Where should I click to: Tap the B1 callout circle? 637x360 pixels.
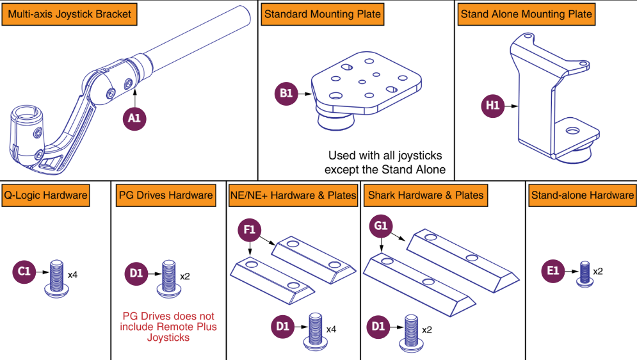[286, 94]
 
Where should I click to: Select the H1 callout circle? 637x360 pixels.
[492, 106]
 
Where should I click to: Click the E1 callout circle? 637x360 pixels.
[553, 270]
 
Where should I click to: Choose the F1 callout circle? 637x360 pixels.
[250, 229]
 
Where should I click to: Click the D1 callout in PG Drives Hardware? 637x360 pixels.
[136, 274]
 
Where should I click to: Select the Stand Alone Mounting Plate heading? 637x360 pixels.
[526, 14]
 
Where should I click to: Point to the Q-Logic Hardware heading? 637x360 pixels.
[45, 195]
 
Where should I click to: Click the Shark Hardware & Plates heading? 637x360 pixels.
[426, 195]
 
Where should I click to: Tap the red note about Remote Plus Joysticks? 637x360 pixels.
[168, 327]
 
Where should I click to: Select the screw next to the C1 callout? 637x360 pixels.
[55, 277]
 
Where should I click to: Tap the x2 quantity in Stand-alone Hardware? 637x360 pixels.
[598, 271]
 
